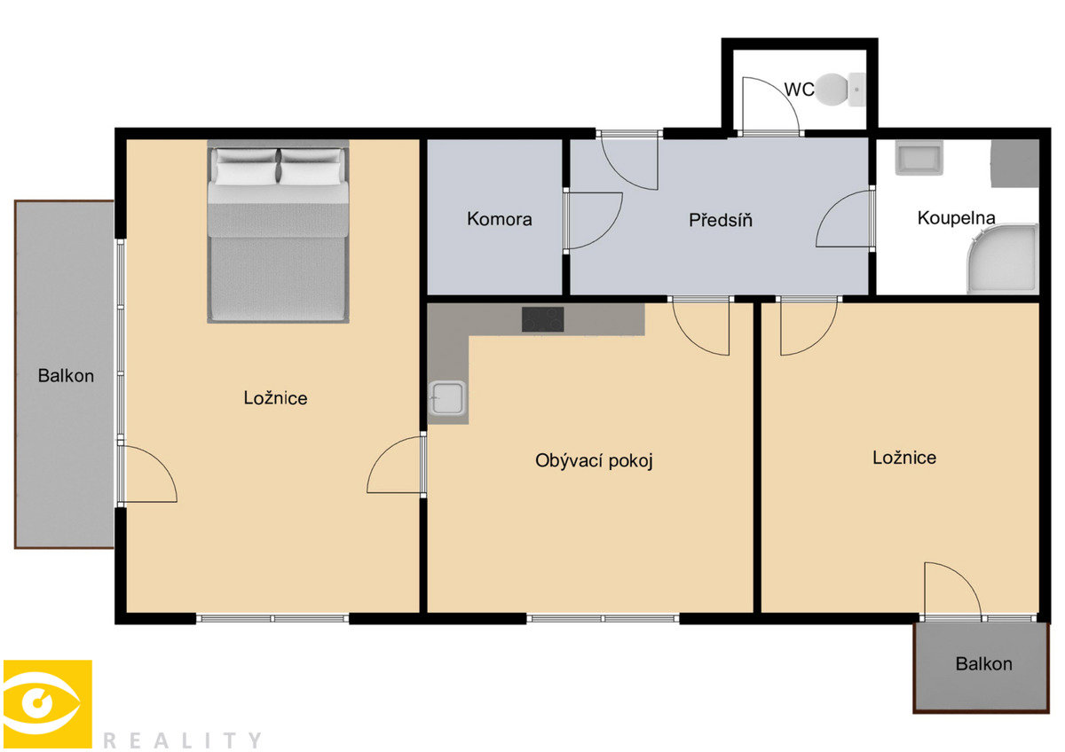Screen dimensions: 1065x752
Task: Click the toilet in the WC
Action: click(x=840, y=90)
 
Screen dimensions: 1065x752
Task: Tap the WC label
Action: click(x=800, y=90)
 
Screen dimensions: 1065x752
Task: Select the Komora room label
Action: click(x=499, y=219)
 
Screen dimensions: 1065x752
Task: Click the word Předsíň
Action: click(x=721, y=220)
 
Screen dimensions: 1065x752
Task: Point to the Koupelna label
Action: click(x=956, y=217)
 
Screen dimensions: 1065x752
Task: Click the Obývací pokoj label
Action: click(x=594, y=460)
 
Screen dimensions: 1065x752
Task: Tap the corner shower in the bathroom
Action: click(x=1002, y=259)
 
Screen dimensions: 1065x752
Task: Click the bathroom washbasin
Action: click(x=919, y=158)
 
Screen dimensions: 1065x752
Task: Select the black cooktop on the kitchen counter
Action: click(x=542, y=319)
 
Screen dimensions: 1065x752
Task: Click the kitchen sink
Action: click(x=447, y=397)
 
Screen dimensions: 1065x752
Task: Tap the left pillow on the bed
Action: click(x=246, y=166)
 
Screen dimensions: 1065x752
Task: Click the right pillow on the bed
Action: click(x=311, y=166)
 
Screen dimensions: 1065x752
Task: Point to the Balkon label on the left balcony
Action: click(x=66, y=376)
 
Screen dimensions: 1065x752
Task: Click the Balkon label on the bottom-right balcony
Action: click(x=983, y=663)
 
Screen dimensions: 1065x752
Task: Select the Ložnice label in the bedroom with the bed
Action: click(x=275, y=398)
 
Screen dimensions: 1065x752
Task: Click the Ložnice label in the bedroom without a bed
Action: click(x=904, y=458)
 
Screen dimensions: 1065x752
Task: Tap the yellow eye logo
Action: click(x=48, y=704)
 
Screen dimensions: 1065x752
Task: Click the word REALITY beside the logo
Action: click(x=182, y=740)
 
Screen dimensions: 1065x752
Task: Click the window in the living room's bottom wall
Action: click(x=603, y=618)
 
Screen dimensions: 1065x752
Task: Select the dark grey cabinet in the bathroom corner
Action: click(x=1014, y=163)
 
